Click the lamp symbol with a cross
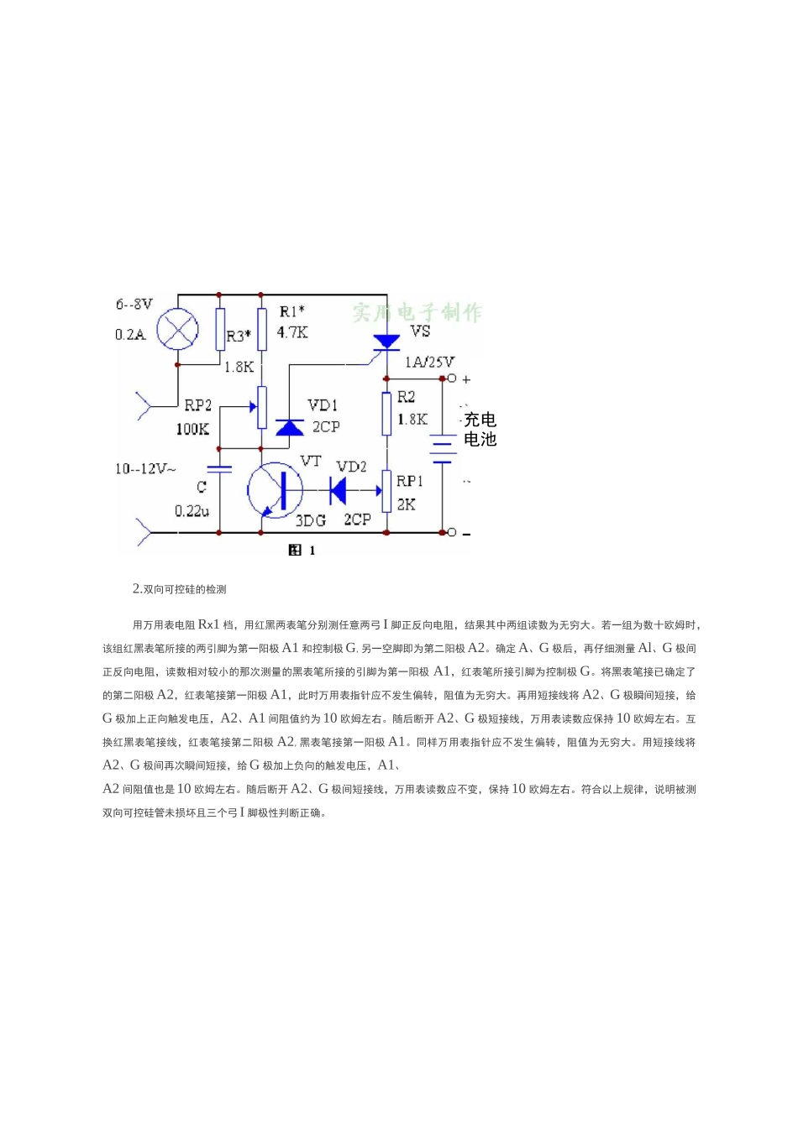click(x=177, y=328)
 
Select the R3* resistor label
click(x=239, y=337)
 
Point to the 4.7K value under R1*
click(x=292, y=332)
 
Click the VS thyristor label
click(x=420, y=332)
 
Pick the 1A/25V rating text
click(x=429, y=363)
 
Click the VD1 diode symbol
click(x=290, y=427)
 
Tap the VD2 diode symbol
click(x=339, y=490)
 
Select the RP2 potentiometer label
click(x=198, y=405)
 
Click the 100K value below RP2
click(x=192, y=429)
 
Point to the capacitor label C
click(x=202, y=487)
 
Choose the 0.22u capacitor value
click(x=192, y=510)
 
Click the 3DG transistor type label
click(x=310, y=520)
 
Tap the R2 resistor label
click(x=406, y=397)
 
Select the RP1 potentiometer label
click(x=409, y=481)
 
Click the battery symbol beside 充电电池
click(x=443, y=449)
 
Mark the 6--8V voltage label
click(x=134, y=304)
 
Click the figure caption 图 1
click(x=301, y=551)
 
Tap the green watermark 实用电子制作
click(x=417, y=313)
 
